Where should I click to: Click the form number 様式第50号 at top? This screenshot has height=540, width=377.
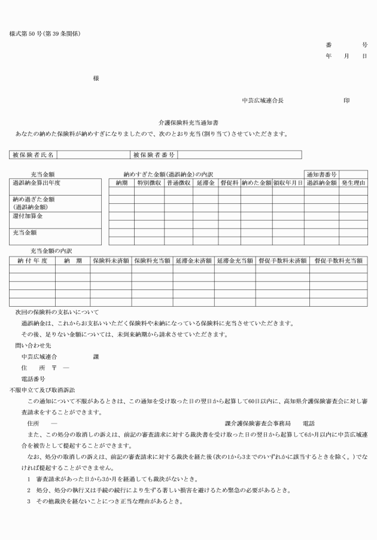pyautogui.click(x=45, y=33)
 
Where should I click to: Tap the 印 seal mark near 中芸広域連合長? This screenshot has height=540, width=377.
pyautogui.click(x=346, y=100)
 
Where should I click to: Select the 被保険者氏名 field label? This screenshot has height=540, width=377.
pyautogui.click(x=34, y=155)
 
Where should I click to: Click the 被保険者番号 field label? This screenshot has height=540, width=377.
pyautogui.click(x=154, y=155)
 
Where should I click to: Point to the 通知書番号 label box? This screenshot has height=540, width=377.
pyautogui.click(x=322, y=174)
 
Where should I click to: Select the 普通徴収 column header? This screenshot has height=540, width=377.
pyautogui.click(x=178, y=182)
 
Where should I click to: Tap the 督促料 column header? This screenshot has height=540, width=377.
pyautogui.click(x=229, y=182)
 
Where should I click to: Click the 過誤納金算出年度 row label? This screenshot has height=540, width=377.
pyautogui.click(x=37, y=182)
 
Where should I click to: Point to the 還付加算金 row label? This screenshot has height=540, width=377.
pyautogui.click(x=29, y=216)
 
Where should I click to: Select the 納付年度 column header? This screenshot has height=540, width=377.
pyautogui.click(x=32, y=261)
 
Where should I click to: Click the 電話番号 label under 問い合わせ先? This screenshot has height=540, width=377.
pyautogui.click(x=34, y=379)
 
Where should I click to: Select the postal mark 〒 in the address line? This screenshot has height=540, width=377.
pyautogui.click(x=54, y=368)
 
